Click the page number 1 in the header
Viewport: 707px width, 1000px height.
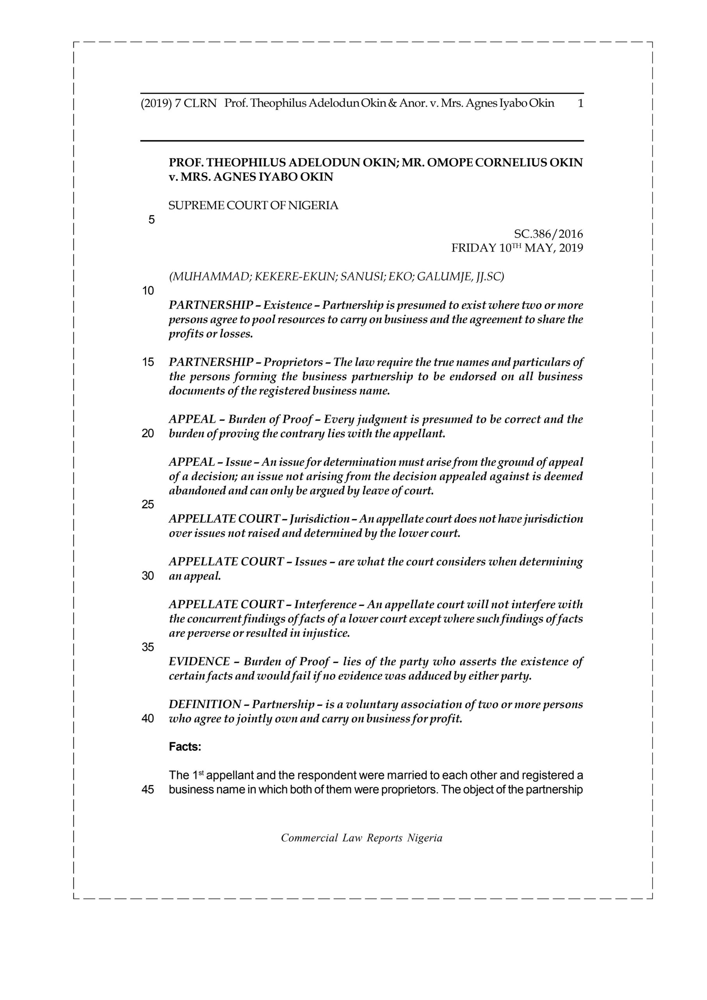(579, 104)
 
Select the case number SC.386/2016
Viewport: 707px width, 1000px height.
(548, 234)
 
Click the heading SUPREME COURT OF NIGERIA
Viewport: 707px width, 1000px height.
(253, 205)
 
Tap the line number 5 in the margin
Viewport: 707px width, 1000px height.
(151, 220)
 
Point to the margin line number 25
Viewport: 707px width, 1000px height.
(148, 504)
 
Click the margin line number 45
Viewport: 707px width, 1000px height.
(148, 789)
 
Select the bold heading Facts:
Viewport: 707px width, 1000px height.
(185, 747)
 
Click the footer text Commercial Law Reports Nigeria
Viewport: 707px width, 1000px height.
(362, 838)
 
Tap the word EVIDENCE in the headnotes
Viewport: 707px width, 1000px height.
(199, 662)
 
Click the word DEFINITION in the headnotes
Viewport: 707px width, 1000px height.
(205, 704)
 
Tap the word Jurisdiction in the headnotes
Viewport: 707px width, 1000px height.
(320, 519)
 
